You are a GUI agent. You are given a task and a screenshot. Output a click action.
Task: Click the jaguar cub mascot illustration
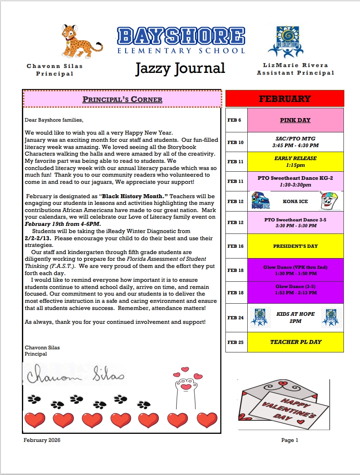80,42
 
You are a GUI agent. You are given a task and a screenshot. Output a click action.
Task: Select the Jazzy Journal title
180,68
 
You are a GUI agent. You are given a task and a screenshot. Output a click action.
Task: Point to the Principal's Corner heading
122,99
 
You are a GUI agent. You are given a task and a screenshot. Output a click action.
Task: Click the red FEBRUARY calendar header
284,98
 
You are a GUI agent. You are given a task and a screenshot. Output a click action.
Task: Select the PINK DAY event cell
295,120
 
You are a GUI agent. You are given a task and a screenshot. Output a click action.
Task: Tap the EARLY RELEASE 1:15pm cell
295,161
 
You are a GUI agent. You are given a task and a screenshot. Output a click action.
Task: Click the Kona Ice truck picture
260,201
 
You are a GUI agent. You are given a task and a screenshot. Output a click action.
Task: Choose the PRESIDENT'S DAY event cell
295,246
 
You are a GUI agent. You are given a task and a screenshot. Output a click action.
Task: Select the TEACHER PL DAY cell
295,342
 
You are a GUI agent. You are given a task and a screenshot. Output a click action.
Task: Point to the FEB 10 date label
235,142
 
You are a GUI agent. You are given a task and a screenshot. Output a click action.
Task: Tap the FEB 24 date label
235,318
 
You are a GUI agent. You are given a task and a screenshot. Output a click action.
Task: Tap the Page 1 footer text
290,440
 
